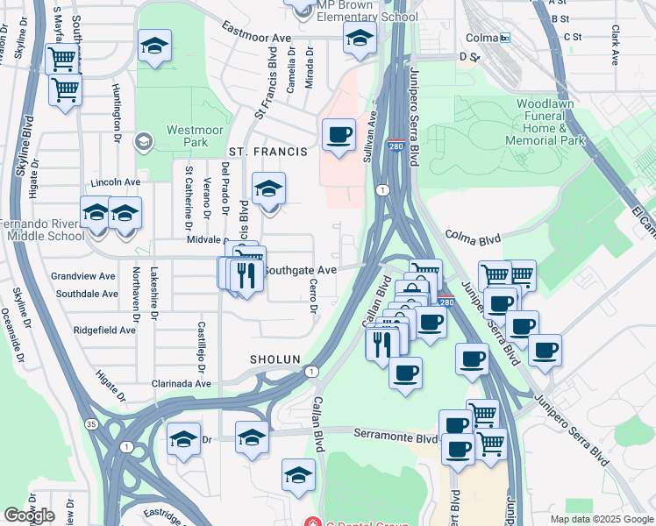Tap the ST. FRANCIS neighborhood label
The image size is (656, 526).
pos(267,152)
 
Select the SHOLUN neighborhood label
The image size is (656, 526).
pos(275,359)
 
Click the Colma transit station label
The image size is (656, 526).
pos(483,38)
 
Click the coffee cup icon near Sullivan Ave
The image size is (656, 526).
pos(339,135)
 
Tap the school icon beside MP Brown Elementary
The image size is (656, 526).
pos(360,38)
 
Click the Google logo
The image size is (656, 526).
pos(29,515)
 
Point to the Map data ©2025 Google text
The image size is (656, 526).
pos(602,519)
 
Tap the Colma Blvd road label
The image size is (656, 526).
pos(473,236)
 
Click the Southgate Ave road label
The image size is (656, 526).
pos(300,270)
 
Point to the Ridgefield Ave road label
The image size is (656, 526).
pos(105,331)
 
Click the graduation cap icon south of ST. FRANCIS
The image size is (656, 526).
pos(269,188)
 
